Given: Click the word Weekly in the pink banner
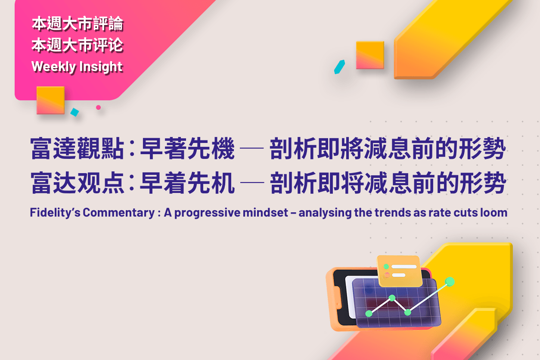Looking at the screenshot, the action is click(53, 67).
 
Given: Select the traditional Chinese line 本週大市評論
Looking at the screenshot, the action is click(78, 24).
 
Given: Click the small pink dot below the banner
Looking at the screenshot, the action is click(98, 107).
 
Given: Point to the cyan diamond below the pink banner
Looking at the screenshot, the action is click(74, 112).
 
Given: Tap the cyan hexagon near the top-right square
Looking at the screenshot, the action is click(339, 67).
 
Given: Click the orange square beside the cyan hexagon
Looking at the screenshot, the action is click(370, 55).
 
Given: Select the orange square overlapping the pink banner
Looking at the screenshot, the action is click(51, 100).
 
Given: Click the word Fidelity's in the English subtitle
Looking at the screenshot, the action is click(55, 213).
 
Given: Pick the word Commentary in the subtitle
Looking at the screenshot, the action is click(118, 213).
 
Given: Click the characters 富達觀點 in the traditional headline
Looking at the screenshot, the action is click(77, 148).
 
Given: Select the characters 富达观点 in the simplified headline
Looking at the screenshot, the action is click(77, 183).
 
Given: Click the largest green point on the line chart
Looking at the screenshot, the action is click(450, 282).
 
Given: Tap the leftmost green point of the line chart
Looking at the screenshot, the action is click(369, 313).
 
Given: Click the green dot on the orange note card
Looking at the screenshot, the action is click(386, 267).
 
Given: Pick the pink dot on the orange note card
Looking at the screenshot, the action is click(387, 275).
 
